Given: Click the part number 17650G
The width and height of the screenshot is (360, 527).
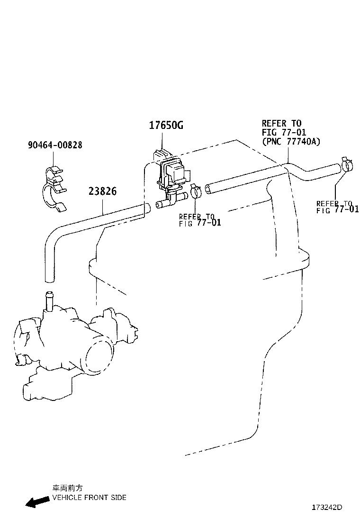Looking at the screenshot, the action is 166,126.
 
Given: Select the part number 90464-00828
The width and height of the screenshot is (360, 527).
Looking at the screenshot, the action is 55,145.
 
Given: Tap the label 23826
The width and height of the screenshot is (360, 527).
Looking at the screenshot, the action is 103,191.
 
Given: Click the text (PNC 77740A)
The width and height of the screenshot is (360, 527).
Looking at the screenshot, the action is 291,142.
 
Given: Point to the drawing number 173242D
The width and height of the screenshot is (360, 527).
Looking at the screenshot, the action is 327,508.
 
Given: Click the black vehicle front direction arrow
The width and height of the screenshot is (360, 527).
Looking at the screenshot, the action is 37,501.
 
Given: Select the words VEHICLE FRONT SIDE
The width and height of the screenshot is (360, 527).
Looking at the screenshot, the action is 90,498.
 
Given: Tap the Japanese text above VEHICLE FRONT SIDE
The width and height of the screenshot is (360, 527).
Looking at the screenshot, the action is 67,488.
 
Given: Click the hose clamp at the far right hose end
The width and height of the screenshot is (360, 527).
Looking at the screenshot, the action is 348,164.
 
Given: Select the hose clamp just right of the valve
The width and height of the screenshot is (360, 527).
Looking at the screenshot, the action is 196,191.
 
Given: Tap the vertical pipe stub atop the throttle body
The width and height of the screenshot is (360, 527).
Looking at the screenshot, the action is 49,300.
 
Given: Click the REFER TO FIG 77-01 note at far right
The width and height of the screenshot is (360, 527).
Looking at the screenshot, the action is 337,207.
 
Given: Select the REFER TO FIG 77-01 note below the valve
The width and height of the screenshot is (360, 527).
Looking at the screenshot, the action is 200,220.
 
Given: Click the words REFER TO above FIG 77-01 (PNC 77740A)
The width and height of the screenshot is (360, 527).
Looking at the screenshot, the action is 282,123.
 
